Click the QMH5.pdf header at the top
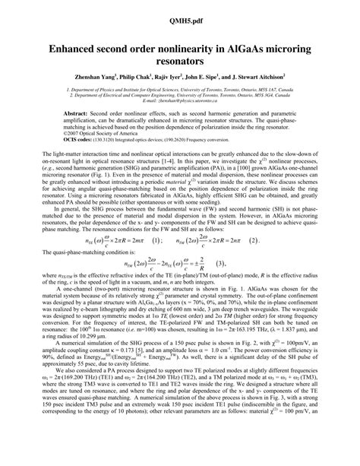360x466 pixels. (180, 11)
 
